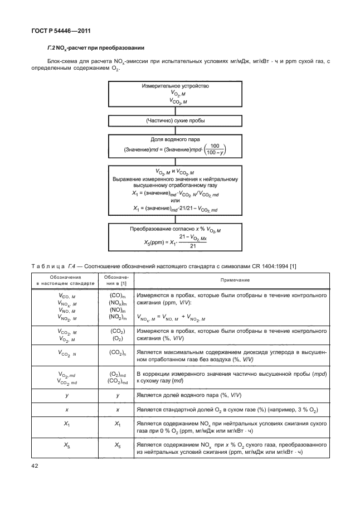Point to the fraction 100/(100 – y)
point(215,149)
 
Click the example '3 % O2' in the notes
point(300,410)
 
